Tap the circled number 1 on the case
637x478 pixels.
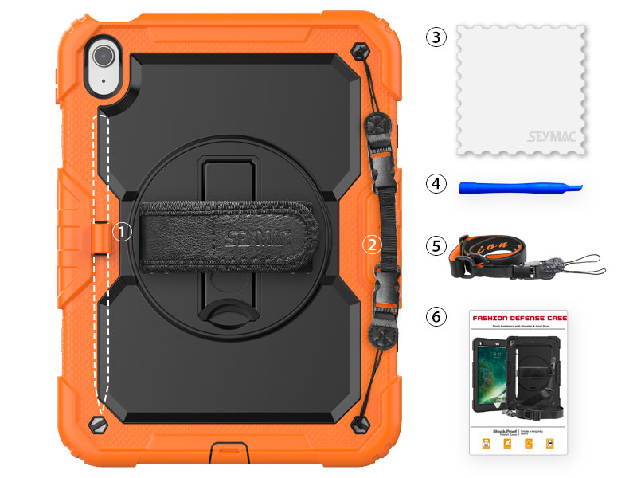[x=121, y=230]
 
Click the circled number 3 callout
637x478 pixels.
[x=436, y=37]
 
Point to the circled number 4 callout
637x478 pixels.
[x=436, y=184]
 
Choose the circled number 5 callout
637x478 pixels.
[x=436, y=245]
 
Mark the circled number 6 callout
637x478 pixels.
[x=436, y=316]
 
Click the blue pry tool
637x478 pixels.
[x=518, y=187]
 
